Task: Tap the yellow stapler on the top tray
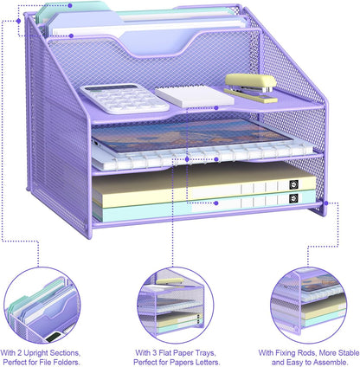(251, 84)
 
